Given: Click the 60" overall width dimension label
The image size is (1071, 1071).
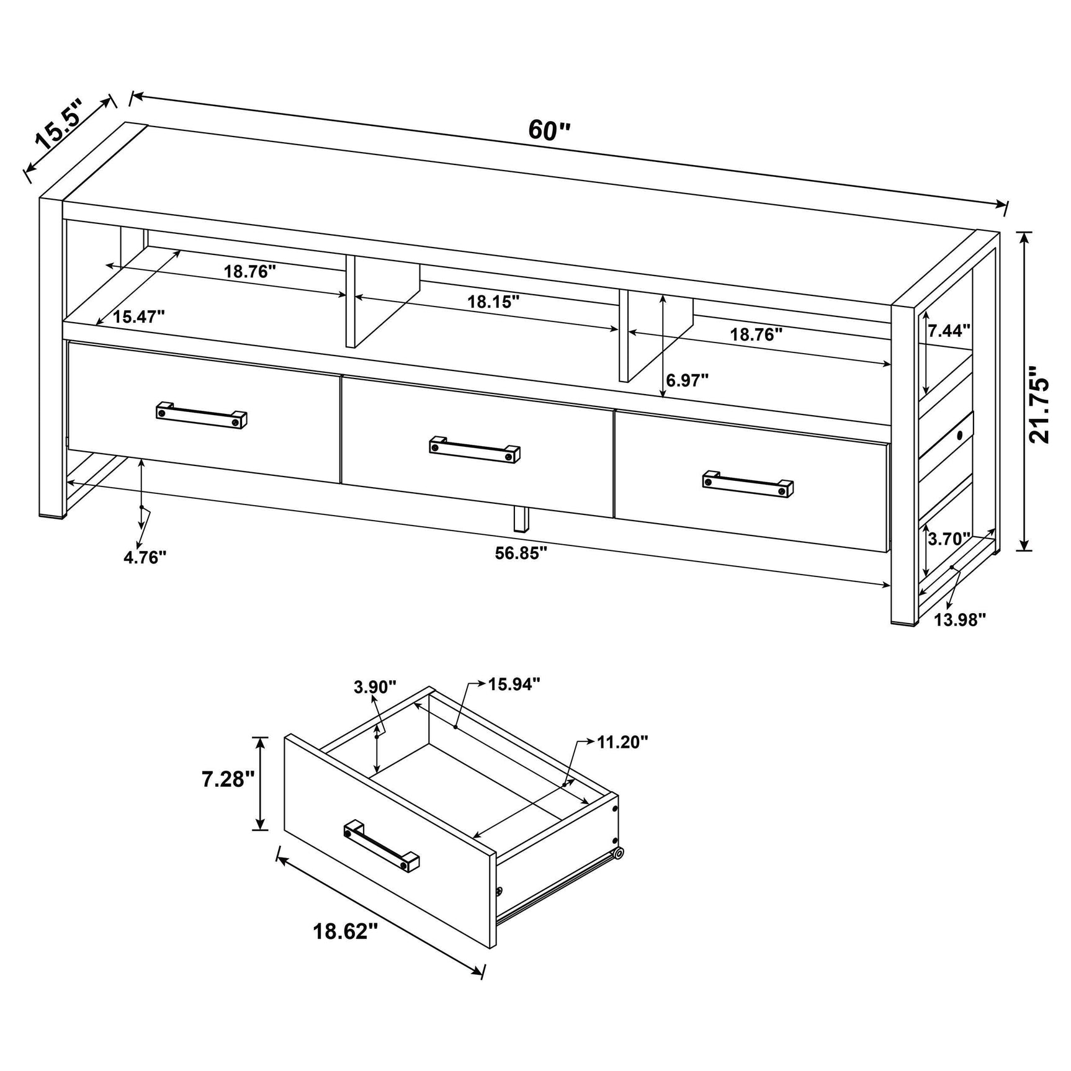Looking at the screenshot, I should click(x=549, y=131).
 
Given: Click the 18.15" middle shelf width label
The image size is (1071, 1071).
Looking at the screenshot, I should click(x=493, y=302).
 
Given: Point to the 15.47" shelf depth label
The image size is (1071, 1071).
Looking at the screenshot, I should click(x=138, y=317).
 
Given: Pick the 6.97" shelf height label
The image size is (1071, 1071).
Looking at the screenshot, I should click(x=688, y=380).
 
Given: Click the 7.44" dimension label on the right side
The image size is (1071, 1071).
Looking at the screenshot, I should click(x=949, y=331).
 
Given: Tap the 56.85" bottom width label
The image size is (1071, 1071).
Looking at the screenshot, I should click(x=521, y=553).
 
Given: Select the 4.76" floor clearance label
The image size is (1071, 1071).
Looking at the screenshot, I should click(x=145, y=557).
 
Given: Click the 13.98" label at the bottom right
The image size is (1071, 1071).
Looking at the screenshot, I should click(x=960, y=619).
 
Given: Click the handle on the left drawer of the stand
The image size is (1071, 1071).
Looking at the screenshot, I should click(x=201, y=415).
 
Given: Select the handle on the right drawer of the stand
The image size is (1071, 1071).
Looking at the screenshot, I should click(x=748, y=484).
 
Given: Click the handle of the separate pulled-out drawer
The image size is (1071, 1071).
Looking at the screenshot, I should click(x=381, y=848).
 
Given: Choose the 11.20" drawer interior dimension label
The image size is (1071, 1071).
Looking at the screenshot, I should click(x=622, y=742).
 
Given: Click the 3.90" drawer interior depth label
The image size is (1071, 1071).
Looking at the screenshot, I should click(x=375, y=687).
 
